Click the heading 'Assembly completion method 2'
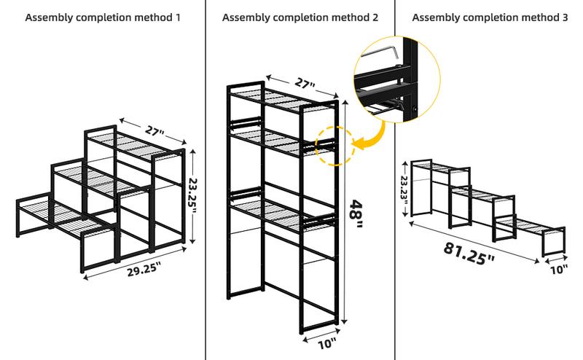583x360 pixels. [x=300, y=17]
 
